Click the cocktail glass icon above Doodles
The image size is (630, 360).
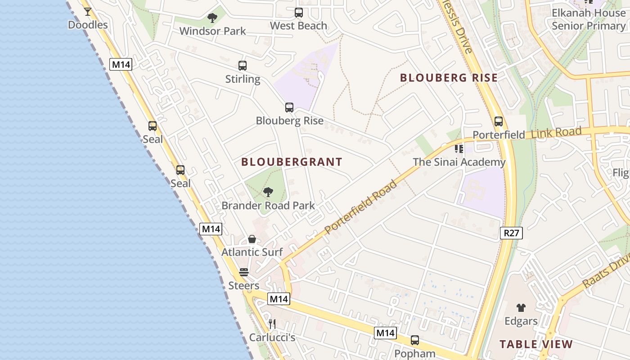pyautogui.click(x=88, y=12)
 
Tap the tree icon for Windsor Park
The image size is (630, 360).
pyautogui.click(x=212, y=18)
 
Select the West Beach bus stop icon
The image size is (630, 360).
pyautogui.click(x=299, y=13)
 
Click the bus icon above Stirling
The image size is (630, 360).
pyautogui.click(x=243, y=66)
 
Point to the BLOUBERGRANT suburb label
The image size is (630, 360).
pyautogui.click(x=292, y=162)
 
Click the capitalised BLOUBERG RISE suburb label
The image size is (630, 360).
pyautogui.click(x=449, y=78)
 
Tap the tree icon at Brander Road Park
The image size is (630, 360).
pyautogui.click(x=268, y=193)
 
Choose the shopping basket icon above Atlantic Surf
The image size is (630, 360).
pyautogui.click(x=252, y=239)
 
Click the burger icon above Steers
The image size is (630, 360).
pyautogui.click(x=244, y=272)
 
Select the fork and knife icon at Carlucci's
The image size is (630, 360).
pyautogui.click(x=272, y=324)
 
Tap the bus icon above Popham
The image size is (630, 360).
pyautogui.click(x=415, y=340)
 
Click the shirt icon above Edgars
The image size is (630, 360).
pyautogui.click(x=521, y=308)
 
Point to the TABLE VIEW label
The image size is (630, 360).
pyautogui.click(x=536, y=345)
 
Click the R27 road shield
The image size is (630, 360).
pyautogui.click(x=511, y=233)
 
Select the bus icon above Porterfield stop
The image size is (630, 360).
pyautogui.click(x=499, y=121)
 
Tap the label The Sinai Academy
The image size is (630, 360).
pyautogui.click(x=459, y=162)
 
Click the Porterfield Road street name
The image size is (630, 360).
pyautogui.click(x=361, y=207)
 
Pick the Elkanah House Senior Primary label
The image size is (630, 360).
pyautogui.click(x=589, y=19)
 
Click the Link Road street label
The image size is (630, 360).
pyautogui.click(x=556, y=133)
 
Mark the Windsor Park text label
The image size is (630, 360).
pyautogui.click(x=212, y=31)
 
